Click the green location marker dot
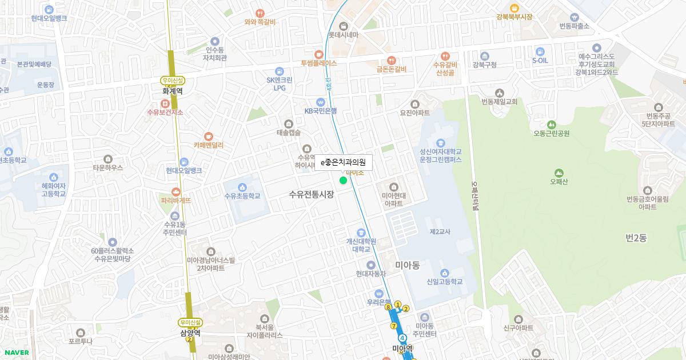(x=343, y=181)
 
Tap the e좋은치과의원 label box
(x=343, y=163)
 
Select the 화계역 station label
(x=172, y=90)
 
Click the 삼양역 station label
(x=190, y=333)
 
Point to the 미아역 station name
(x=402, y=348)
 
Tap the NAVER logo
(x=16, y=353)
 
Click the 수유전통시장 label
(x=312, y=194)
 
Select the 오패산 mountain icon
(x=559, y=173)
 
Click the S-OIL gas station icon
(x=540, y=51)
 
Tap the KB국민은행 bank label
(x=320, y=111)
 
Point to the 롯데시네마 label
(x=343, y=35)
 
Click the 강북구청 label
(x=484, y=65)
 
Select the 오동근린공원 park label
(x=551, y=134)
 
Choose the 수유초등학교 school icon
(x=242, y=187)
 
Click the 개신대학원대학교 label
(x=361, y=245)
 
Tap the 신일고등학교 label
(x=444, y=282)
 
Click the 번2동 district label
(x=636, y=238)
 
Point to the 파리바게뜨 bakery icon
(x=176, y=191)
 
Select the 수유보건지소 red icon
(x=165, y=103)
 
